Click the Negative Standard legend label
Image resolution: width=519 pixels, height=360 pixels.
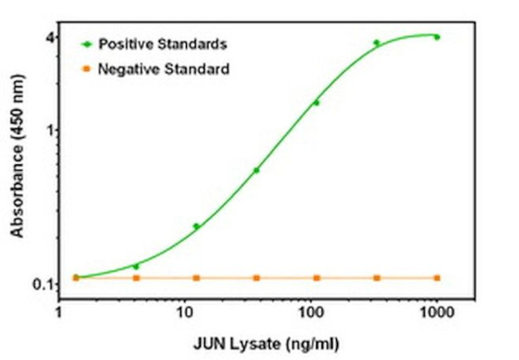[164, 69]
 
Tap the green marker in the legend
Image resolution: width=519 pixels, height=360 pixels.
[86, 43]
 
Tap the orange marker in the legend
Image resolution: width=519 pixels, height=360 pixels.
[86, 69]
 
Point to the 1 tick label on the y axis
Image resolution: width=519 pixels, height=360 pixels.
[49, 129]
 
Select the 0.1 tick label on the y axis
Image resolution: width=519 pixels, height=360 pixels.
[43, 284]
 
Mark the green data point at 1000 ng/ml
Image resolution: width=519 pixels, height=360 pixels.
[437, 37]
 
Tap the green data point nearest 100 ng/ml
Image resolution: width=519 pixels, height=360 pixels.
[316, 102]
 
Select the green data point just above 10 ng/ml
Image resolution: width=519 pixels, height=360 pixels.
[196, 226]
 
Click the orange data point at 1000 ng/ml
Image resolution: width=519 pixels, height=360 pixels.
[437, 278]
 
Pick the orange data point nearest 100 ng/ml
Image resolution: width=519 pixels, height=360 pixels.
[316, 278]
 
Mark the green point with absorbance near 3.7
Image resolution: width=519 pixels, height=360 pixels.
[376, 43]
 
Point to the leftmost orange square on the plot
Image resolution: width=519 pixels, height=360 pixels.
[76, 278]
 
